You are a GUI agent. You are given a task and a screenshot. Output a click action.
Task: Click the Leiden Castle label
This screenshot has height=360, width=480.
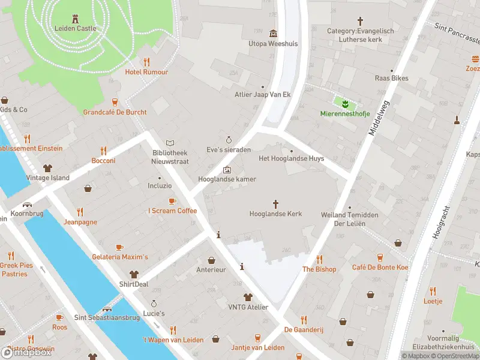point(75,28)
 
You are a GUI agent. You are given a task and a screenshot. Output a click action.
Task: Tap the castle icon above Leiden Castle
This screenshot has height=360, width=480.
point(75,18)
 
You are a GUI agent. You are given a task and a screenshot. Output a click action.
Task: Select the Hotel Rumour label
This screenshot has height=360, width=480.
point(146,72)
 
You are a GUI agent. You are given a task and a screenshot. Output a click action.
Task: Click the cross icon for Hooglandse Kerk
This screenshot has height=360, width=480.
point(276,204)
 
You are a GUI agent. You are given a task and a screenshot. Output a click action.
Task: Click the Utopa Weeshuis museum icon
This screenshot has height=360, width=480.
point(274,33)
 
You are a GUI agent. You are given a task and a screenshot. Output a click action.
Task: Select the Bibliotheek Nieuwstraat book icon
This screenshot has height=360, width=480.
point(171,143)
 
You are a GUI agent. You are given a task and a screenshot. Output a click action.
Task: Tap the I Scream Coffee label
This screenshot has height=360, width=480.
point(172,211)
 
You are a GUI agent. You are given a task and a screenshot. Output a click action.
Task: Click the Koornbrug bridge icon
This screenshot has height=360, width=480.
point(28,203)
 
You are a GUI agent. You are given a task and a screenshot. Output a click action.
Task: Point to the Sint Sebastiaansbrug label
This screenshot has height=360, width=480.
point(107,317)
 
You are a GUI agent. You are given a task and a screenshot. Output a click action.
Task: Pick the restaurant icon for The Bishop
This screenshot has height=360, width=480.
point(319,259)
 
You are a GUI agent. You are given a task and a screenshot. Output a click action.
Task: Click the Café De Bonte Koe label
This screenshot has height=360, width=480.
point(380,267)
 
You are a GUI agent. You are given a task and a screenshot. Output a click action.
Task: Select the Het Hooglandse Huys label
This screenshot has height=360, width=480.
point(291,158)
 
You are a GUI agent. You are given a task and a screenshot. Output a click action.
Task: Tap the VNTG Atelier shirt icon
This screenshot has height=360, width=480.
point(247,297)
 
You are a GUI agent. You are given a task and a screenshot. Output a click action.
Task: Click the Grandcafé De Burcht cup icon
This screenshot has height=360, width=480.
point(115,102)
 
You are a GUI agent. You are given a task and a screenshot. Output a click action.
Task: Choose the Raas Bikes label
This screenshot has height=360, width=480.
point(391,78)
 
